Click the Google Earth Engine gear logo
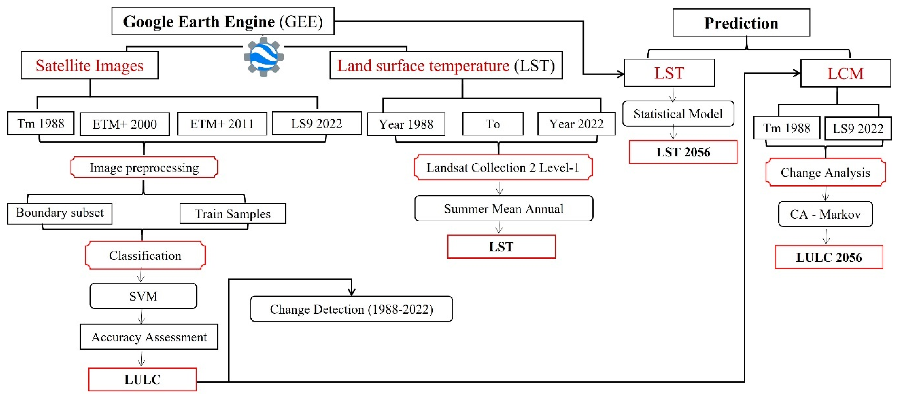263,57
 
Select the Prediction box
741,23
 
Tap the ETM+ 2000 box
125,124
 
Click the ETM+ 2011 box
222,124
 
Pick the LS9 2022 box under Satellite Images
317,123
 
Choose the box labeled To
493,124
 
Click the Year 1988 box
406,124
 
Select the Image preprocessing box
144,168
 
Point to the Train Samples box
232,213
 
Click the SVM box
143,296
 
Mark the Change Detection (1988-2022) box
351,309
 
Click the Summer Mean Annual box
503,209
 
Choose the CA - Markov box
825,214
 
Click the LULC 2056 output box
829,257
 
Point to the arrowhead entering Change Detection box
352,292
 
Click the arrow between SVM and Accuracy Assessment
141,317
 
